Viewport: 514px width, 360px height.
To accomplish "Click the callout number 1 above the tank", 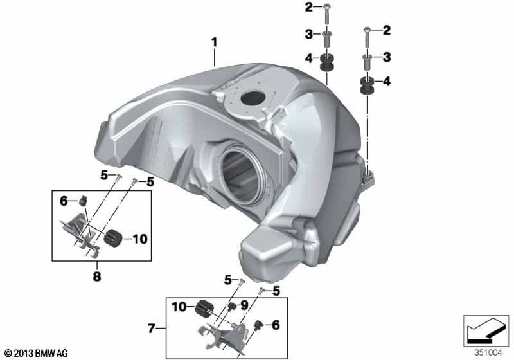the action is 214,42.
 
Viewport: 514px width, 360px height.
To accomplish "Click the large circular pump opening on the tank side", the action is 240,177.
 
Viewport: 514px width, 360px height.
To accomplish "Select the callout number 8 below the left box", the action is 97,276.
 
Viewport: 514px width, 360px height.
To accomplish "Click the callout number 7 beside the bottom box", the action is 151,328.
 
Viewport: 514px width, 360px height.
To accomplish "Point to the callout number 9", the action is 245,305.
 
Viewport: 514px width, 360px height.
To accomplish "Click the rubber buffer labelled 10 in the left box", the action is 112,238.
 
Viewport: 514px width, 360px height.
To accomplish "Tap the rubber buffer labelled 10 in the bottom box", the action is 204,307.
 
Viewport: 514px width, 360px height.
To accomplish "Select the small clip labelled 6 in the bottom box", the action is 259,325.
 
